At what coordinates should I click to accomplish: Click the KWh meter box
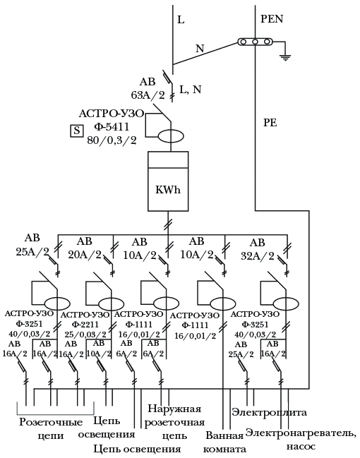click(x=168, y=181)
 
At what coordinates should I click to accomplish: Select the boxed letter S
click(x=76, y=131)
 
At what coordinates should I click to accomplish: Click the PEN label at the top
click(x=272, y=19)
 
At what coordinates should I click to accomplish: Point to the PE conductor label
click(x=270, y=123)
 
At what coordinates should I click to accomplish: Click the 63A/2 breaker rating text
click(x=148, y=95)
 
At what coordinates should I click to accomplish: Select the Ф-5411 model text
click(x=112, y=127)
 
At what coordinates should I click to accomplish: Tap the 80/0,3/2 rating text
click(x=112, y=141)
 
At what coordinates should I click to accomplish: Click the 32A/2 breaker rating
click(x=258, y=256)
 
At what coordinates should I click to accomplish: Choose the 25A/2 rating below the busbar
click(x=32, y=251)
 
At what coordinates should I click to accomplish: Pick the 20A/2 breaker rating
click(x=85, y=255)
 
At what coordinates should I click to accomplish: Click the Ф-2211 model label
click(x=85, y=325)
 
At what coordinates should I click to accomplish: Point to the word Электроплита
click(x=269, y=412)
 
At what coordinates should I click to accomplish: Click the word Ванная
click(x=224, y=435)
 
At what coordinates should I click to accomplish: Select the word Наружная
click(x=174, y=409)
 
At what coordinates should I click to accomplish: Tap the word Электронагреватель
click(x=301, y=433)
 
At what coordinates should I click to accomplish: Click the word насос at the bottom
click(x=301, y=447)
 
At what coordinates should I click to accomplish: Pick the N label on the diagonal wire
click(x=200, y=48)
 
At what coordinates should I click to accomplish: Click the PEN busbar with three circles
click(x=255, y=42)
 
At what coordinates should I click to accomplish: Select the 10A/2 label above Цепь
click(x=99, y=354)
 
